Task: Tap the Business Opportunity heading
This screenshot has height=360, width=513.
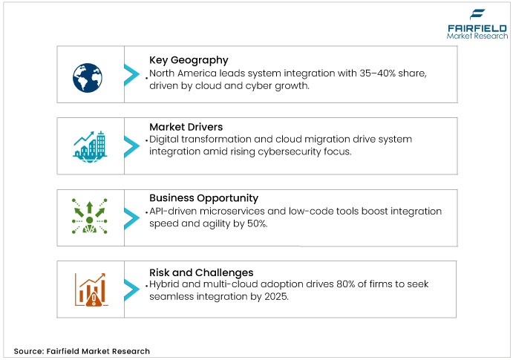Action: pos(203,198)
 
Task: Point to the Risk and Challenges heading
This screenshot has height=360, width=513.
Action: pos(200,272)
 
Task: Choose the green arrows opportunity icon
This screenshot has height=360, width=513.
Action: pos(89,217)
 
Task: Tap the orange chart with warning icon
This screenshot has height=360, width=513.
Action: pos(89,289)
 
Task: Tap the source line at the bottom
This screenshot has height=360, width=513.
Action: pos(82,351)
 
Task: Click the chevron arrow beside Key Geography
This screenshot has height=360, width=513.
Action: pos(131,74)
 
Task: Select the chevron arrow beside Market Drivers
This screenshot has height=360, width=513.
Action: pos(131,144)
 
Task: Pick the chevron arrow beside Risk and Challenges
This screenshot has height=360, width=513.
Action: pos(131,289)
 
